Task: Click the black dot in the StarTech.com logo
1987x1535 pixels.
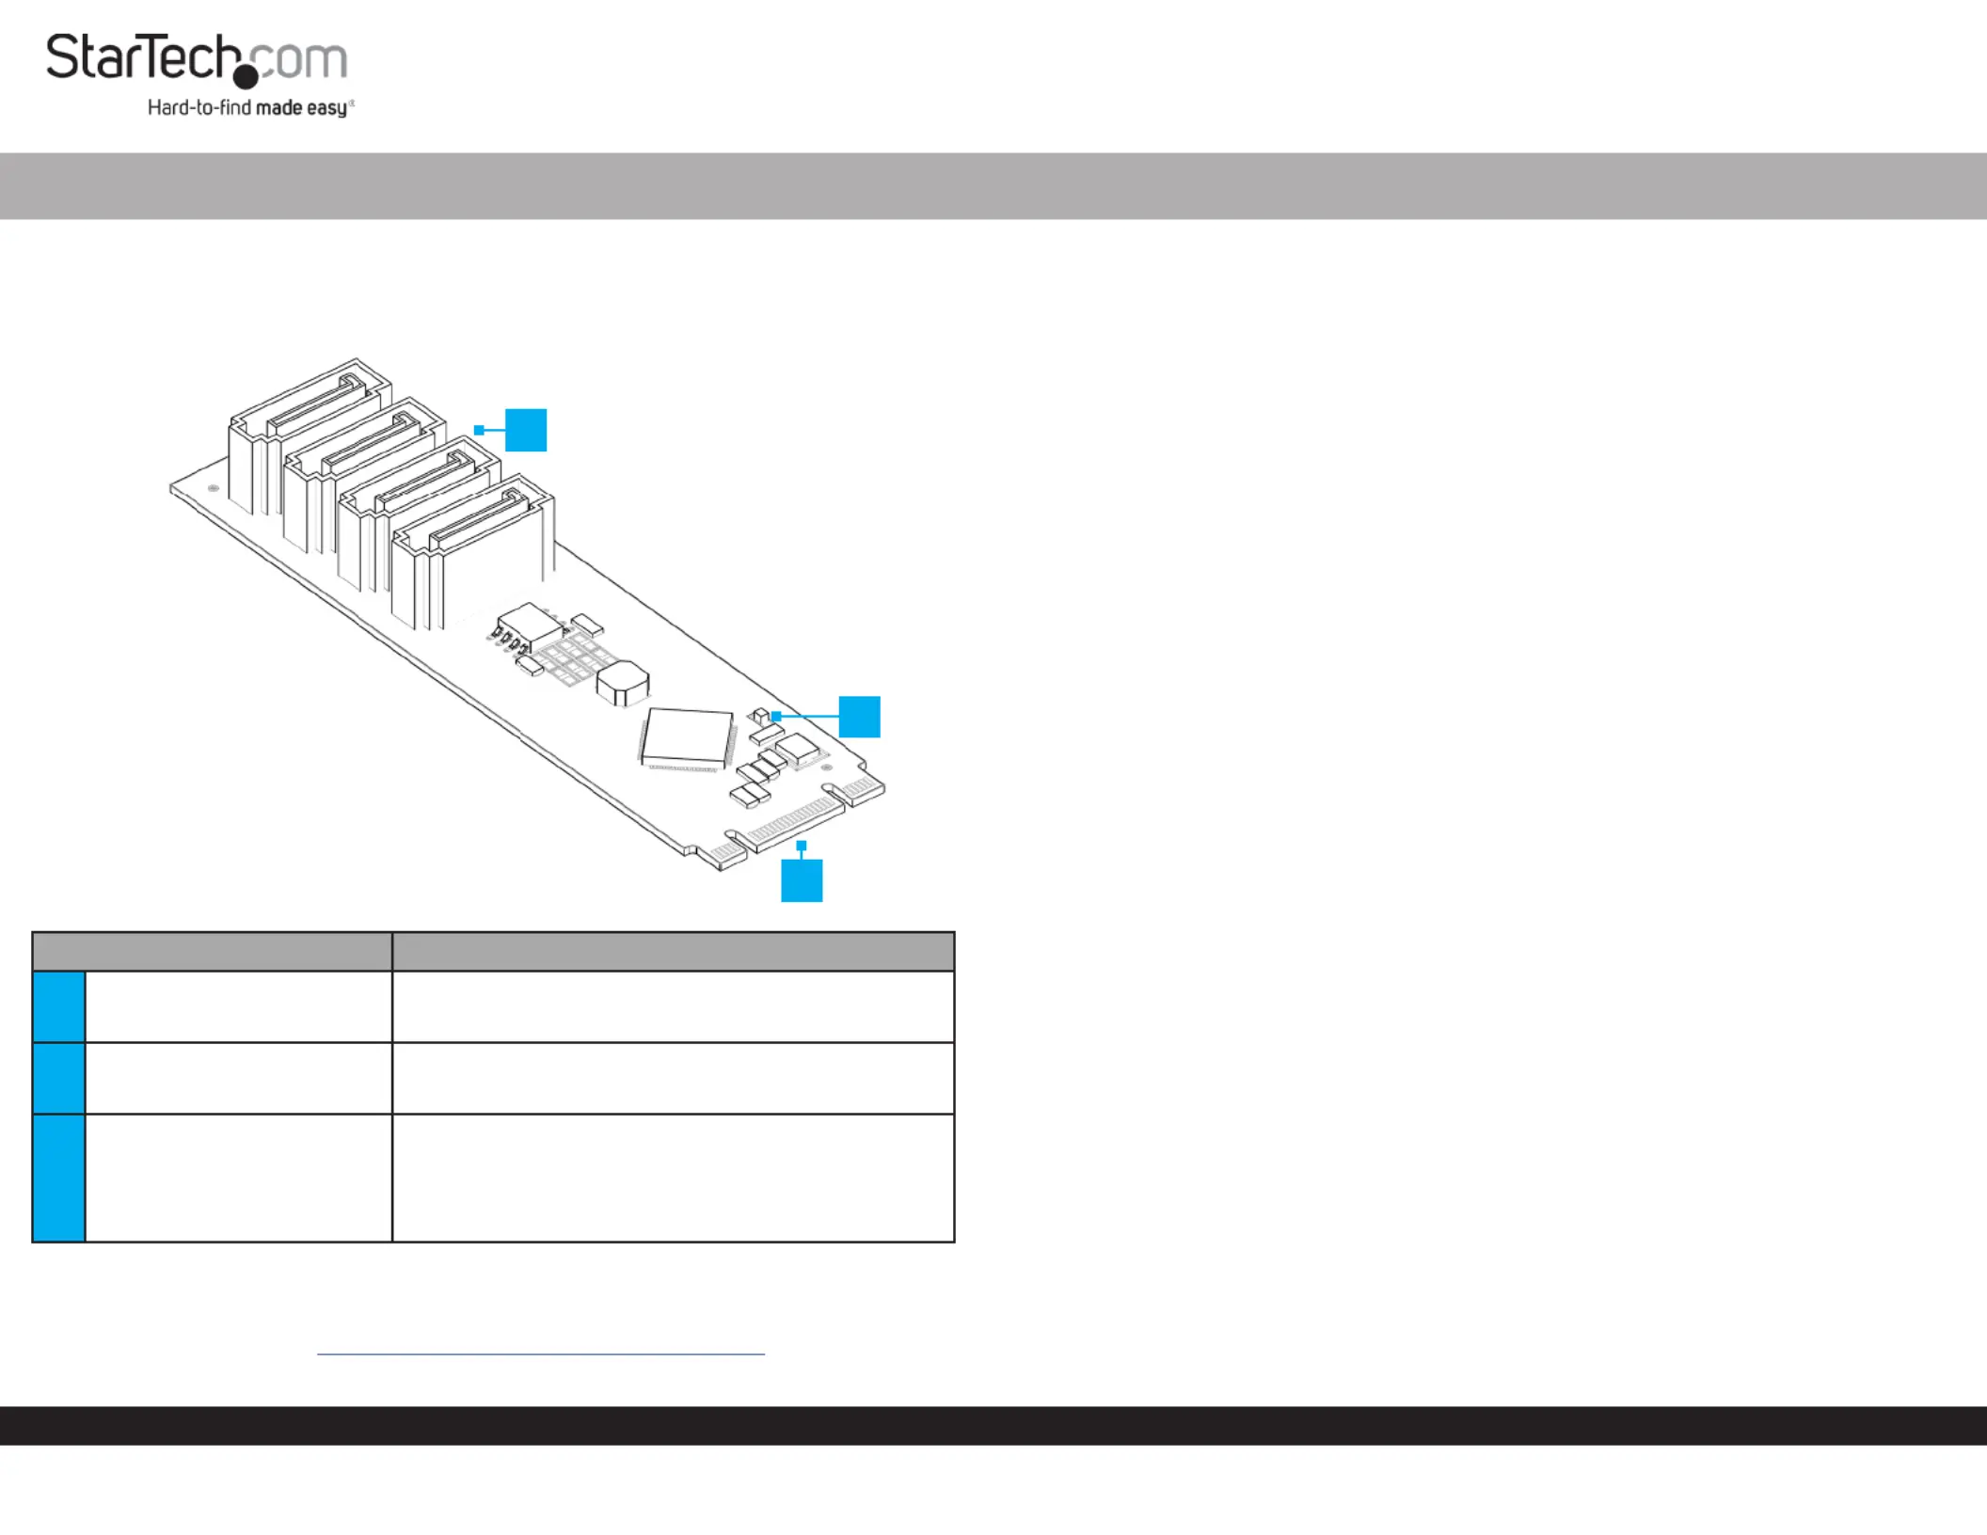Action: (246, 76)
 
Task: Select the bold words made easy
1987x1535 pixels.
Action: (302, 108)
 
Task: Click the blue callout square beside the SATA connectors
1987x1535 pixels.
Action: (526, 430)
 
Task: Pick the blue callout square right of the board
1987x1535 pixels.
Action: (859, 717)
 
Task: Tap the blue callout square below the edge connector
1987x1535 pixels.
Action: (802, 880)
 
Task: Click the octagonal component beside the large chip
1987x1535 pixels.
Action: (623, 683)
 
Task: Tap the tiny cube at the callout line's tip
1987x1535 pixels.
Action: (762, 716)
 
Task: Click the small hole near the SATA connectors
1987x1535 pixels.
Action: (214, 488)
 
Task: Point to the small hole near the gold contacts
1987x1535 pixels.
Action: (827, 767)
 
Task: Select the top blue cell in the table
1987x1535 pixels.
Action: (59, 1006)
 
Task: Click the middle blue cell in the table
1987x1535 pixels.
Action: (59, 1078)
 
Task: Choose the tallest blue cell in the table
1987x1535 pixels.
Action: (59, 1179)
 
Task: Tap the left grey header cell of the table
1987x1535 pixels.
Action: (213, 951)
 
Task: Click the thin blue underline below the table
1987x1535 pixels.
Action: (541, 1354)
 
